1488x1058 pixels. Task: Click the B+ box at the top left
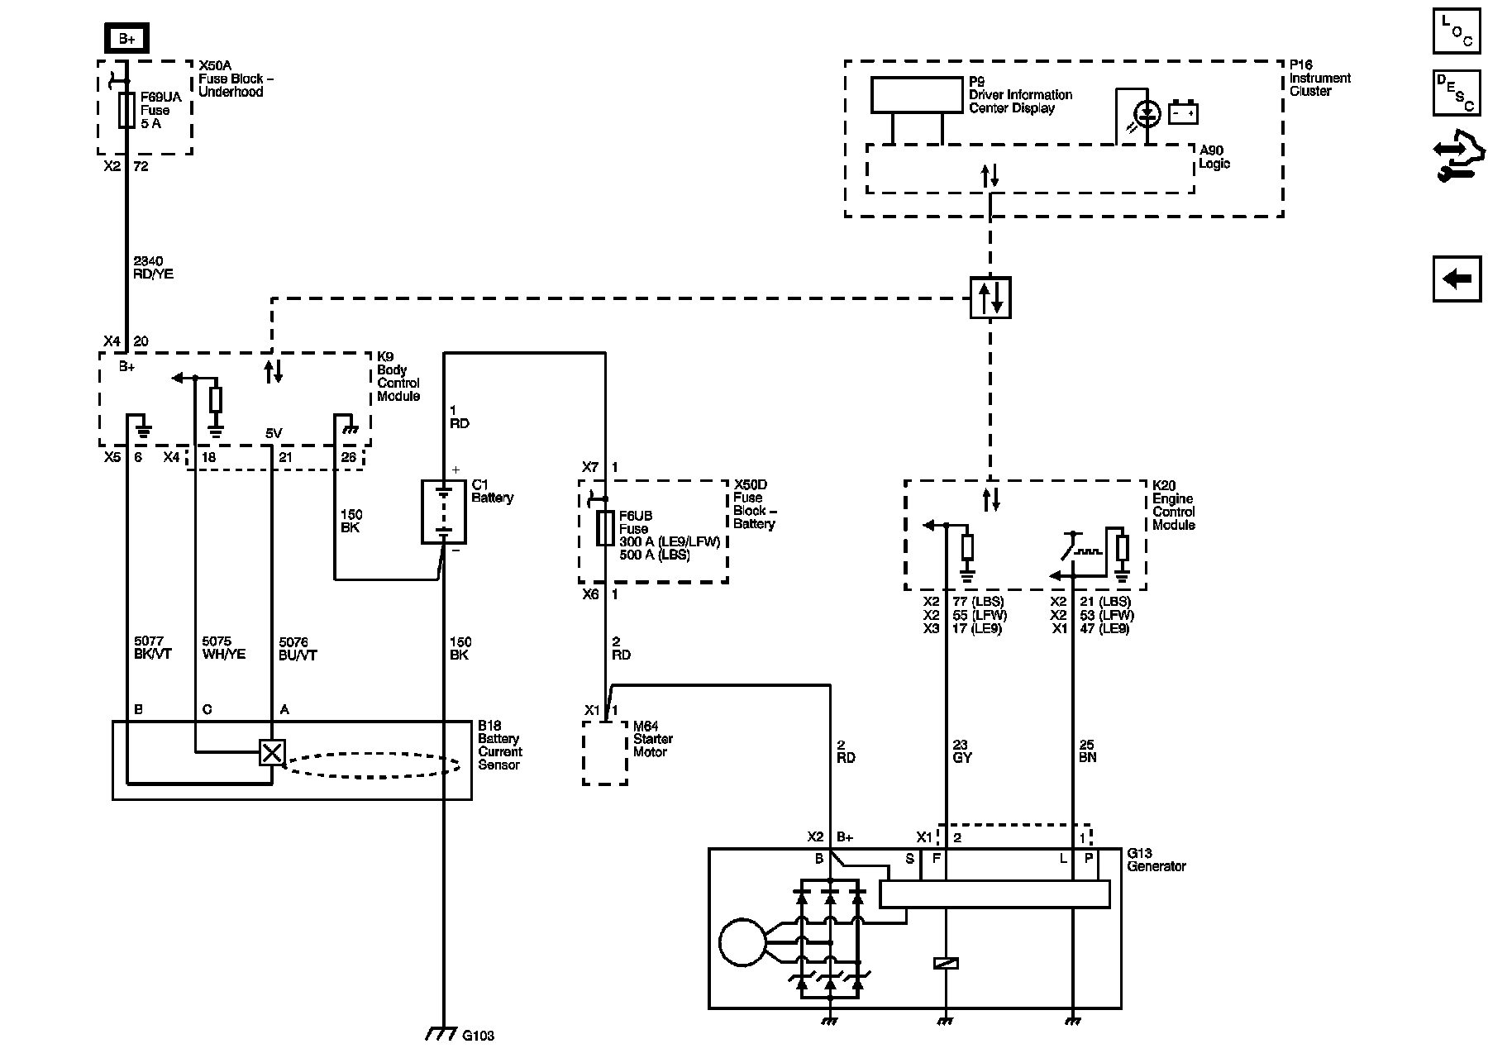[126, 39]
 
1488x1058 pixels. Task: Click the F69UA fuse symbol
[126, 110]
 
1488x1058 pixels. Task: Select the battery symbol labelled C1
[443, 512]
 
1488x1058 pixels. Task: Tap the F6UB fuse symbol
[606, 528]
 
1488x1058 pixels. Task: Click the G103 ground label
[478, 1035]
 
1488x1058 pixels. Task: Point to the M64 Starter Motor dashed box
[605, 752]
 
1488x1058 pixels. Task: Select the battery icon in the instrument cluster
[1183, 112]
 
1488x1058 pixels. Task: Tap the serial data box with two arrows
[990, 297]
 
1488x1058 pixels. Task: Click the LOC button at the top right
[1457, 31]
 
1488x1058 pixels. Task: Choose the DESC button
[1457, 93]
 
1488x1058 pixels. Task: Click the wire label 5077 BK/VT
[153, 648]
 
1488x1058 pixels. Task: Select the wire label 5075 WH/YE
[223, 648]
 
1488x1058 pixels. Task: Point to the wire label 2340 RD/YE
[153, 268]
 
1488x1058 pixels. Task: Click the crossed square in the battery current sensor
[272, 752]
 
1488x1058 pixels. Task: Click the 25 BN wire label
[1088, 751]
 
